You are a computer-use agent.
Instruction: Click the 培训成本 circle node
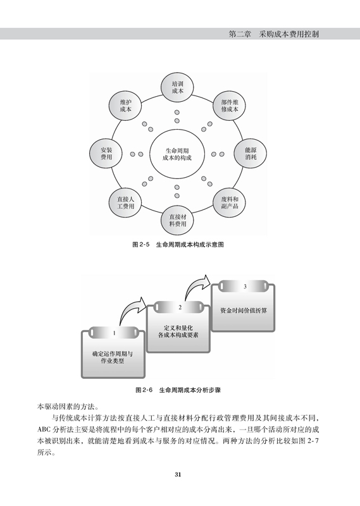pos(177,87)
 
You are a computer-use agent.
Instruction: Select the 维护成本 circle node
pos(125,106)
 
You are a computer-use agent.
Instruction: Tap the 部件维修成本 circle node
pos(230,106)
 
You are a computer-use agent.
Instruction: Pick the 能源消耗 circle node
pos(251,154)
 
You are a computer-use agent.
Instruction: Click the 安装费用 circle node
pos(106,154)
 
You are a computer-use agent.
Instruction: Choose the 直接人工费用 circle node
pos(125,202)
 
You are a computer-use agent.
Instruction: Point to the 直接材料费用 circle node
pos(178,220)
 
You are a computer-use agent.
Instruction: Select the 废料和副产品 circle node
pos(230,202)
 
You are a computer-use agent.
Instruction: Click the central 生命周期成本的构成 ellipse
pos(177,154)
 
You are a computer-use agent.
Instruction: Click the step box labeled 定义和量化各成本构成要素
pos(178,327)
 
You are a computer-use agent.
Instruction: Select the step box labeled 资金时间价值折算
pos(243,306)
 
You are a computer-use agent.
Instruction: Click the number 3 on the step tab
pos(245,287)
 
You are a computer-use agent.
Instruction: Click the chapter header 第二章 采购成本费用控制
pos(273,34)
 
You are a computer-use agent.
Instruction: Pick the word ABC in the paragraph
pos(43,430)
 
